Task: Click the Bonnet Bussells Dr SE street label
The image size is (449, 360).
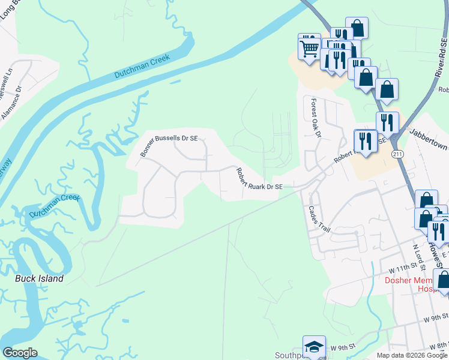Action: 169,146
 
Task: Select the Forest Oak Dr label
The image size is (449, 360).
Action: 316,118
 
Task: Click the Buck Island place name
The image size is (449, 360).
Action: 39,279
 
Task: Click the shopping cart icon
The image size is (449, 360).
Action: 309,47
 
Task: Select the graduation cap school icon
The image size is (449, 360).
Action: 313,347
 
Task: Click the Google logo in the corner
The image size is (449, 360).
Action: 20,353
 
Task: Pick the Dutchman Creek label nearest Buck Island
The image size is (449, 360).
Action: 55,205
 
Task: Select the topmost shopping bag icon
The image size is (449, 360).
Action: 357,28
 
